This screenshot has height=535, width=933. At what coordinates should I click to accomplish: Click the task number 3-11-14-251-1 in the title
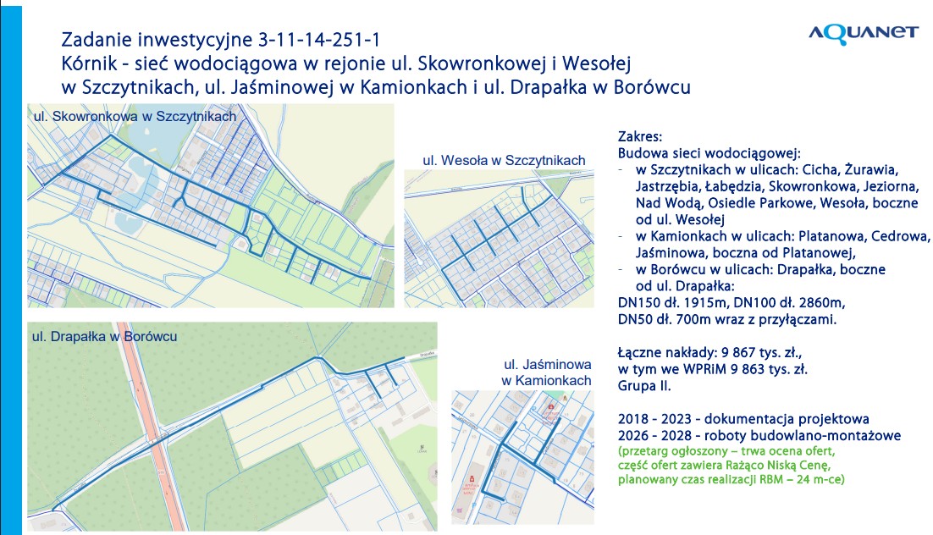coord(323,40)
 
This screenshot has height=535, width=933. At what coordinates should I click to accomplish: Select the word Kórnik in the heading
coord(89,63)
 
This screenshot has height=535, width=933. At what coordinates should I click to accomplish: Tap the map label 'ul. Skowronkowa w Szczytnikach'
coord(134,116)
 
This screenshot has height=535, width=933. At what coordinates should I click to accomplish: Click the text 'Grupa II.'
coord(644,385)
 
